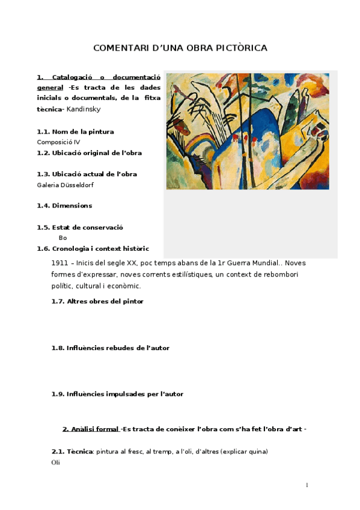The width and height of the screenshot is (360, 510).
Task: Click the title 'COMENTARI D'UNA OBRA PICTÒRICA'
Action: [x=180, y=48]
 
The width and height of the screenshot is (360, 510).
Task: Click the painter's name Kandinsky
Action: [x=84, y=109]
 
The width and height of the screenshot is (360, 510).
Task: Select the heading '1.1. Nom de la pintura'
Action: [x=75, y=132]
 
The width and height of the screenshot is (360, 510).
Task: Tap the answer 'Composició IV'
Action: [x=58, y=142]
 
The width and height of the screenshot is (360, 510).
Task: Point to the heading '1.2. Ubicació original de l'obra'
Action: [x=90, y=153]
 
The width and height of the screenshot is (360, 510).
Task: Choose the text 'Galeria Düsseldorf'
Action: [x=65, y=185]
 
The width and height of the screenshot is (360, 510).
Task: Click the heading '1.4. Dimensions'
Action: [x=64, y=206]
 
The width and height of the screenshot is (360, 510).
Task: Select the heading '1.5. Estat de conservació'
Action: [x=80, y=227]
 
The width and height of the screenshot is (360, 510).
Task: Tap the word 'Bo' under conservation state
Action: [x=63, y=238]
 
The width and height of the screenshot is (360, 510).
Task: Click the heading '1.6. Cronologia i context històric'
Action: [x=93, y=248]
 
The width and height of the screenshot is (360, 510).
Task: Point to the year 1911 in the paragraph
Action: [x=59, y=263]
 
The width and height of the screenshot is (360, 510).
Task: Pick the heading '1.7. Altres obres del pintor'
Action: [x=97, y=301]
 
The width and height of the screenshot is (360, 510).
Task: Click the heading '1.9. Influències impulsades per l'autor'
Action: [x=117, y=394]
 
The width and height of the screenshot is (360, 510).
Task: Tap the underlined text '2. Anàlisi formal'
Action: [x=91, y=429]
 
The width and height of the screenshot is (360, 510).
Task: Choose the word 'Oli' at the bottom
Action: [x=56, y=462]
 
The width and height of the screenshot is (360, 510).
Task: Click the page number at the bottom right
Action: [x=307, y=485]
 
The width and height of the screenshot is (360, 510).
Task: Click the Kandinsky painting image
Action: [x=247, y=131]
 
